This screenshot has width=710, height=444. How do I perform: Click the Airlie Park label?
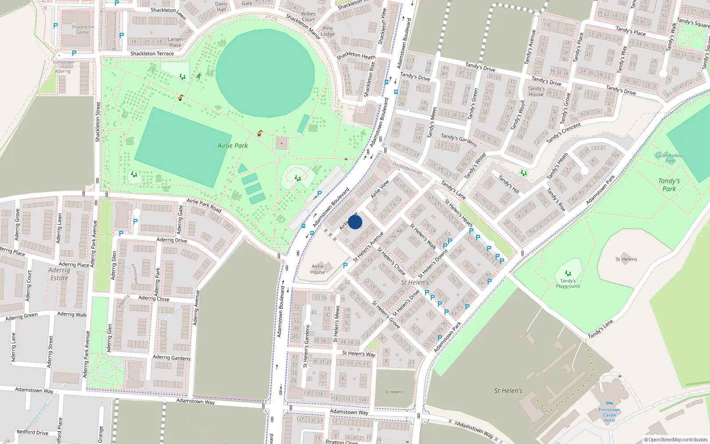click(x=233, y=146)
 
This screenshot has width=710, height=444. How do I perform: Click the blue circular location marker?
click(x=355, y=222)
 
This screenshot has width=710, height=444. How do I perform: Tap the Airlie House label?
click(x=317, y=269)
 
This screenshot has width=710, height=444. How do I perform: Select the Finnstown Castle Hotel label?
click(x=609, y=415)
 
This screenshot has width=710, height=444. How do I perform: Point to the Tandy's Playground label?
click(x=568, y=283)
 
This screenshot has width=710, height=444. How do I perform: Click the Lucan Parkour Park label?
click(x=670, y=158)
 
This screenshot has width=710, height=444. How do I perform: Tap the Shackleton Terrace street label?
click(x=152, y=54)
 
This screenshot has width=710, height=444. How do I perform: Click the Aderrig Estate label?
click(x=59, y=274)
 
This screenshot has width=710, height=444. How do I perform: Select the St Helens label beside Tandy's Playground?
click(x=626, y=259)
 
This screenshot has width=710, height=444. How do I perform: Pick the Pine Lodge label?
click(x=327, y=31)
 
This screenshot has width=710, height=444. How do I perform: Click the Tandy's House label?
click(x=536, y=91)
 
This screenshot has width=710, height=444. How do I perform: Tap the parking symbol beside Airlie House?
click(x=345, y=266)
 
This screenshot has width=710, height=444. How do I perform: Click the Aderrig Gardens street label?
click(x=171, y=357)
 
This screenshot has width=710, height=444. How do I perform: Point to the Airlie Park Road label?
click(x=204, y=205)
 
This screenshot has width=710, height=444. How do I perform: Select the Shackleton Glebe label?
click(x=83, y=29)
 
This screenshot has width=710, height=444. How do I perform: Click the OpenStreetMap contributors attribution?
click(x=675, y=440)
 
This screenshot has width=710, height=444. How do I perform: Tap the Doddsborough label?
click(x=407, y=168)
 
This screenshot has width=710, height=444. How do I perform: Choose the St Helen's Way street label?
click(x=359, y=354)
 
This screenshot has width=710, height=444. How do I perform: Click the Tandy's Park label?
click(x=669, y=185)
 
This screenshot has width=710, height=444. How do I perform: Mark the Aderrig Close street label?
click(x=154, y=298)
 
